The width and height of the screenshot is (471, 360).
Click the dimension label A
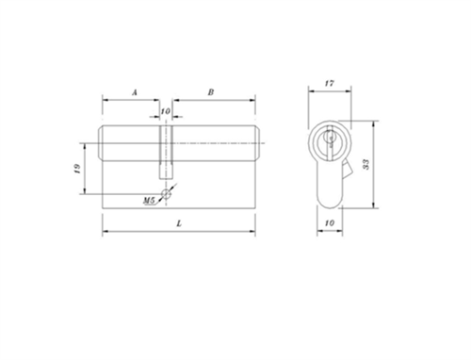pos(135,91)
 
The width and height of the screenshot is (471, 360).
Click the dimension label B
pos(211,91)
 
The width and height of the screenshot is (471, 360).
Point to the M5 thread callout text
pos(149,202)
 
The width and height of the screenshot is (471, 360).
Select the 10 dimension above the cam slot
pos(166,112)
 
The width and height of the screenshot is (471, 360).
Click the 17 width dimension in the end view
pos(329,83)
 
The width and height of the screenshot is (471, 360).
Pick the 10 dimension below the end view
pos(329,223)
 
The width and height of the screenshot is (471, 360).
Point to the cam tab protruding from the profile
pos(349,172)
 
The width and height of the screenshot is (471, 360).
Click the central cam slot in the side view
pos(166,151)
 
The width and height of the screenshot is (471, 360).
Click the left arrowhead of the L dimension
pos(104,231)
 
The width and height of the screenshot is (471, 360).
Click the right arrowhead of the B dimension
pos(254,99)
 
